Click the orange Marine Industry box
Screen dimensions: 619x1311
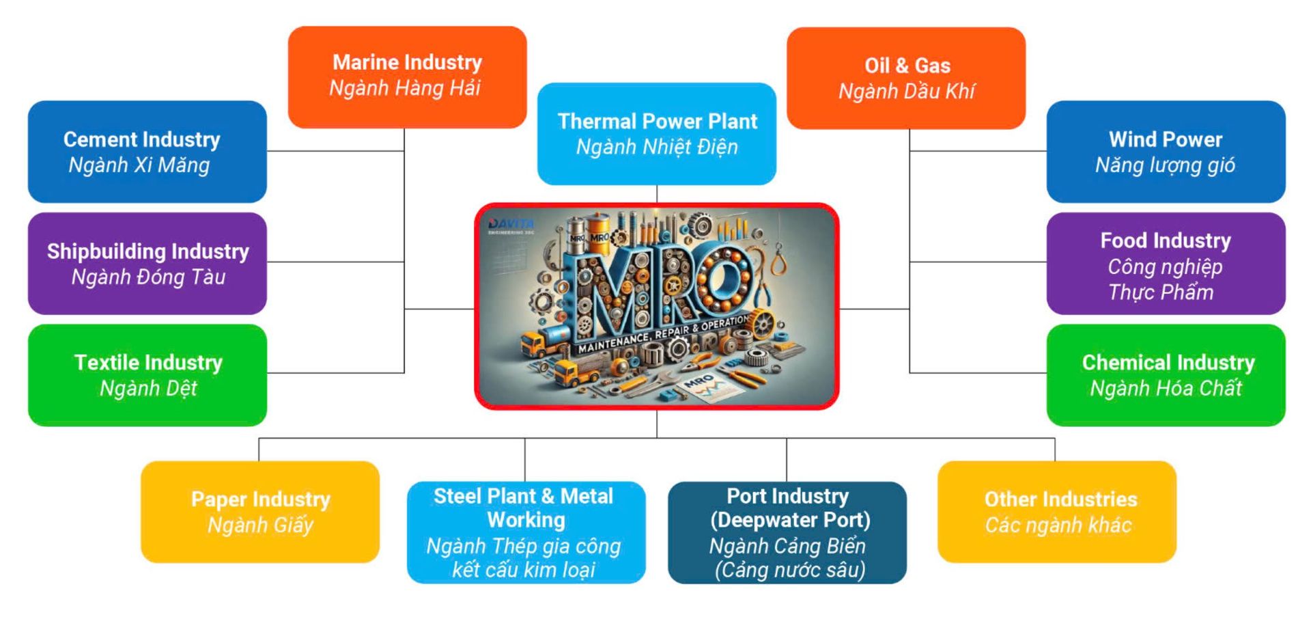coord(407,77)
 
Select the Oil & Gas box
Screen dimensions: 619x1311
coord(906,78)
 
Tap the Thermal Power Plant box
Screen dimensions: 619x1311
coord(657,134)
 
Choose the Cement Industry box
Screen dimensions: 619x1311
coord(147,152)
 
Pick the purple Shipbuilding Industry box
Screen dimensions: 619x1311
coord(147,264)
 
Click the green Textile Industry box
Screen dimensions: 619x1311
coord(147,375)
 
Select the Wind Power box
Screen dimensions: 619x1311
coord(1166,152)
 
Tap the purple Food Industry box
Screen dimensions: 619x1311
coord(1166,264)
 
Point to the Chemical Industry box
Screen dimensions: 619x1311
coord(1166,375)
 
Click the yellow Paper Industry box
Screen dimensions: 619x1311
coord(260,512)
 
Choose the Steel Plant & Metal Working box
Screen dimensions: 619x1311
coord(526,532)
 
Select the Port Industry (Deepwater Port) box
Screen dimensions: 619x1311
coord(787,532)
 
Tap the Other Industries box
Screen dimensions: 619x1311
coord(1057,512)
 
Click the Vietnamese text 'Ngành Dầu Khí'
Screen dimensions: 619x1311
coord(906,92)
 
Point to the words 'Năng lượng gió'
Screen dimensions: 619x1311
coord(1165,165)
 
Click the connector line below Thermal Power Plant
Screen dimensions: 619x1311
coord(657,193)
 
